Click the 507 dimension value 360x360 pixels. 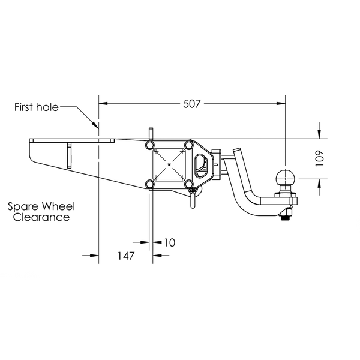click(x=192, y=104)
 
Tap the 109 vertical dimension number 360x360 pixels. click(x=319, y=158)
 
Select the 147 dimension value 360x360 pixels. click(x=126, y=256)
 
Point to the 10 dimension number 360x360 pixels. click(x=170, y=242)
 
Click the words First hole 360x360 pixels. click(x=37, y=107)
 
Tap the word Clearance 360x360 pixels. click(x=41, y=217)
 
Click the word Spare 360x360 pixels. click(x=23, y=206)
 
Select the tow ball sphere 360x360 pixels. click(x=285, y=178)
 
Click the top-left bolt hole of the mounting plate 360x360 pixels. click(x=149, y=145)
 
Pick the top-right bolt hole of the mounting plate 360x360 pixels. click(x=189, y=145)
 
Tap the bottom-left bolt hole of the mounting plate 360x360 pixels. click(x=149, y=184)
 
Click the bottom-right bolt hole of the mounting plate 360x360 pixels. click(x=189, y=184)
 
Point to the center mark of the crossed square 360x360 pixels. click(x=169, y=164)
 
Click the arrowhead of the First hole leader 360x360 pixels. click(x=95, y=125)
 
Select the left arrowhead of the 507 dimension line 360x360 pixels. click(x=103, y=104)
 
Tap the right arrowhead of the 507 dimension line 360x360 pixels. click(x=281, y=104)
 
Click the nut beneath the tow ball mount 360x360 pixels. click(x=286, y=215)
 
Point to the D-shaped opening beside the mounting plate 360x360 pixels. click(x=201, y=166)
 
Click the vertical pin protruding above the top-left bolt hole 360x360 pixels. click(x=151, y=134)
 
